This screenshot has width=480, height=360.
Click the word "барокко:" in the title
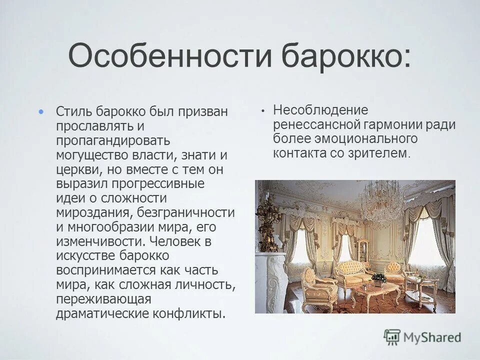pyautogui.click(x=344, y=55)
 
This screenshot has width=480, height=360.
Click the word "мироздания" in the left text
pyautogui.click(x=93, y=212)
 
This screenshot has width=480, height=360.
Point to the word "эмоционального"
pyautogui.click(x=365, y=138)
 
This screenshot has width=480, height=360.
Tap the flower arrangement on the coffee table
pyautogui.click(x=378, y=278)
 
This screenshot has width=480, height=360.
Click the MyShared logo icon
pyautogui.click(x=392, y=337)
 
